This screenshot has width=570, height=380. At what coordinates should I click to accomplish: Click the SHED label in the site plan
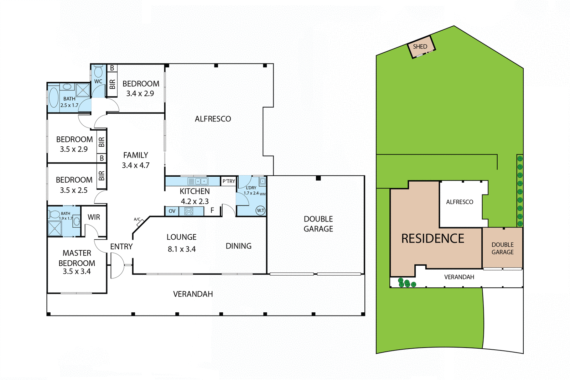420,47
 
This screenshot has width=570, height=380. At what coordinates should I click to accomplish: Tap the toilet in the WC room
98,72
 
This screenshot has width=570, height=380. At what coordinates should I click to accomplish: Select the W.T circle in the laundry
261,210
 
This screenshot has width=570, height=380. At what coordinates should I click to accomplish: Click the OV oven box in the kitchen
172,211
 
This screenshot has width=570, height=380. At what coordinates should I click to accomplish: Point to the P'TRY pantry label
229,181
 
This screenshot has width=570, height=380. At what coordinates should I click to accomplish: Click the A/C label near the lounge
137,219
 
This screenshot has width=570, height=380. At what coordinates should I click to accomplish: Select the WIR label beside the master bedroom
94,217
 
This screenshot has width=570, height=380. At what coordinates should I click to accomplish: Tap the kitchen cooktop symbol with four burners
189,211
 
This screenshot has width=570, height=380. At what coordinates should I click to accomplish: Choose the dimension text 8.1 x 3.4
182,249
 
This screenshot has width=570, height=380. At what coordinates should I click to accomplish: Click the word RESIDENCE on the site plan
432,239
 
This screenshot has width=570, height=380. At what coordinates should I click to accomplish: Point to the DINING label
238,246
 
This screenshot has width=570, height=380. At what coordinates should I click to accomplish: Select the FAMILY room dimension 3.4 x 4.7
135,165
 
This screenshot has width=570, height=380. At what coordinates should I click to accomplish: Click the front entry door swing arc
117,265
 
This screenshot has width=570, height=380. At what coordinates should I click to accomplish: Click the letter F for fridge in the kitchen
212,210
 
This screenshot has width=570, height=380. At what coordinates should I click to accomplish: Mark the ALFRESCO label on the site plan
460,202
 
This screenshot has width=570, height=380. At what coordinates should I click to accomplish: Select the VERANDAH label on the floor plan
193,294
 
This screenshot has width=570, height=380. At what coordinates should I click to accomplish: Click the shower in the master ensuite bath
55,228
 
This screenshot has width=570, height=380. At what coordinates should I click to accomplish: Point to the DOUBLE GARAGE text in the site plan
502,248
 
